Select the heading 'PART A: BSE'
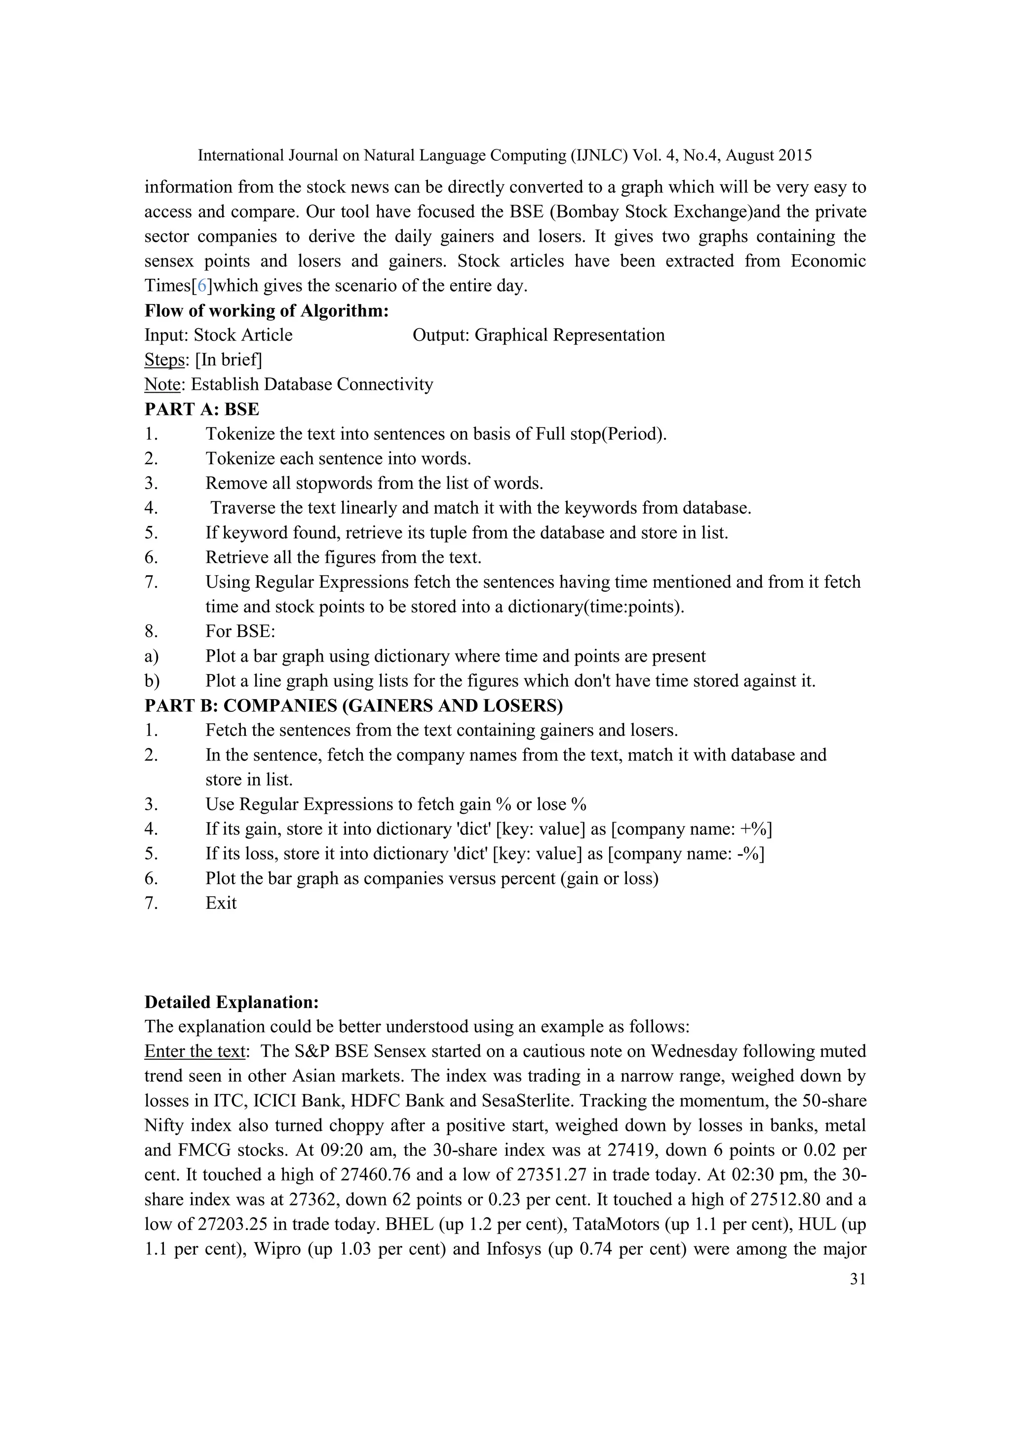(202, 410)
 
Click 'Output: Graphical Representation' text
(539, 336)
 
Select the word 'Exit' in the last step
(221, 903)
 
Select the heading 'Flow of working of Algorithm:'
(267, 310)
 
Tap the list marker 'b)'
(152, 681)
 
